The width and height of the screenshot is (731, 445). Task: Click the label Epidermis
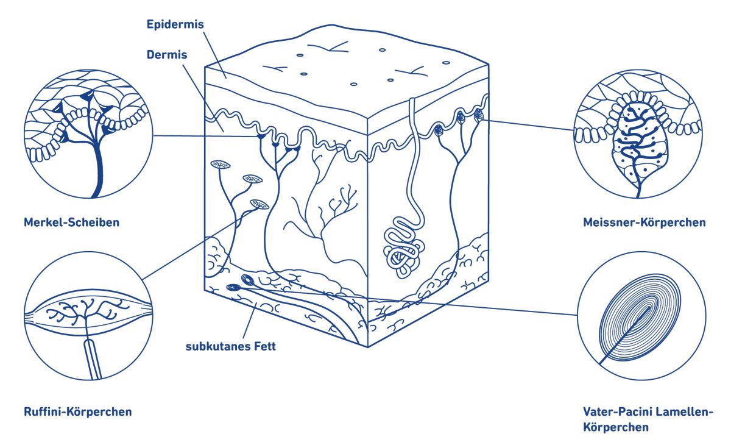click(x=175, y=24)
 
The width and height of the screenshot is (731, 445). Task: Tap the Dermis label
click(x=167, y=54)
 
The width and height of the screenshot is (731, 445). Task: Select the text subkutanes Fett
click(x=231, y=346)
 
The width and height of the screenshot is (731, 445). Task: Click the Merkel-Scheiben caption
click(x=71, y=222)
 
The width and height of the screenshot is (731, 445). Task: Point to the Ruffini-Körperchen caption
click(x=78, y=411)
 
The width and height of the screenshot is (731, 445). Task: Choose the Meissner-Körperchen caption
click(x=644, y=222)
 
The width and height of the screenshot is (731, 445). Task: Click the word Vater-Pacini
click(x=618, y=411)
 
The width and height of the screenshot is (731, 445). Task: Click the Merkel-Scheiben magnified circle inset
click(x=88, y=134)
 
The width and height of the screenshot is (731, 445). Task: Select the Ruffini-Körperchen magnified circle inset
click(x=88, y=316)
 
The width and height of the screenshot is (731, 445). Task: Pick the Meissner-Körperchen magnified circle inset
click(x=638, y=134)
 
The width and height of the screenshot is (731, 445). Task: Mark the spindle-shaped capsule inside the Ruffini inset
click(x=88, y=311)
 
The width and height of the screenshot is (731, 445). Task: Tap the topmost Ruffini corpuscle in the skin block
click(x=221, y=165)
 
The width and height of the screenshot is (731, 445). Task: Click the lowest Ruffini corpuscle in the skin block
click(x=260, y=204)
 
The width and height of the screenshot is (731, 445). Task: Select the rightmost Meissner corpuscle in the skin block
click(x=478, y=115)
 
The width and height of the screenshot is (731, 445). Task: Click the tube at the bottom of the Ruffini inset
click(x=93, y=359)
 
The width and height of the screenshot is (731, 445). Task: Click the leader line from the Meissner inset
click(x=528, y=126)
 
